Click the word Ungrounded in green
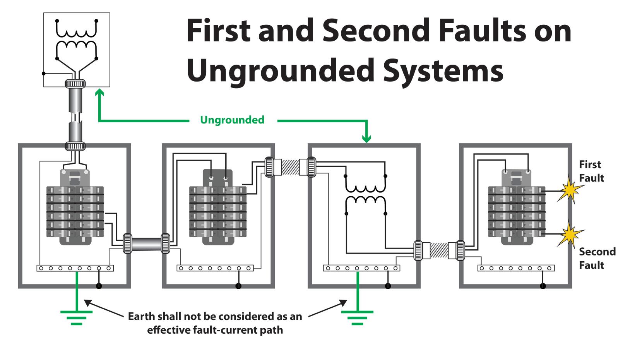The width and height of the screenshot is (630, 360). [x=232, y=120]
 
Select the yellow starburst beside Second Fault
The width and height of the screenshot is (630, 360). [x=570, y=234]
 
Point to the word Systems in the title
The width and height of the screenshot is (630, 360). [x=443, y=71]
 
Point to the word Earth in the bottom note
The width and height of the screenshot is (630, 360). [x=142, y=316]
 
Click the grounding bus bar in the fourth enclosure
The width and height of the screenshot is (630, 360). [x=516, y=268]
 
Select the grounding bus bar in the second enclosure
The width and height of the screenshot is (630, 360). [x=215, y=268]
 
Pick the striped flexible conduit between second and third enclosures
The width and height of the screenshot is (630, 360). [x=290, y=167]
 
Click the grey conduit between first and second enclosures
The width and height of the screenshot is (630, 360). [x=147, y=243]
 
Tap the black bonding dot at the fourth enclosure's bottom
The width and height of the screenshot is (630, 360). [x=543, y=286]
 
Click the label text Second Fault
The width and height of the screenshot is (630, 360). [x=597, y=258]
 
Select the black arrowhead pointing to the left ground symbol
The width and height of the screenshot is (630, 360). [x=88, y=303]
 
